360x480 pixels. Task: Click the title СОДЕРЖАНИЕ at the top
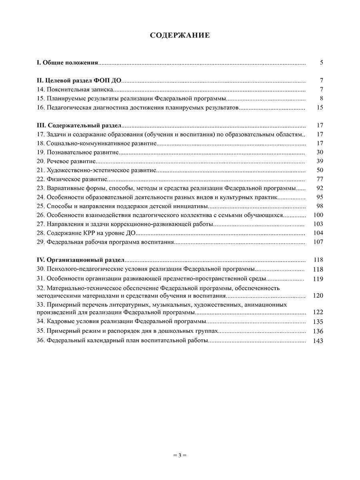[180, 35]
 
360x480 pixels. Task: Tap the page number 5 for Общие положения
[321, 62]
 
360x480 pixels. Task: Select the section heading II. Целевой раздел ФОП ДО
[79, 80]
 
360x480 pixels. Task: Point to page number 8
[321, 98]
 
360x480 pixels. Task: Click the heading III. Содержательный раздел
[79, 125]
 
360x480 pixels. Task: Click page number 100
[318, 215]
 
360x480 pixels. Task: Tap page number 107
[318, 242]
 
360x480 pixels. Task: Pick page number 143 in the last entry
[318, 341]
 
